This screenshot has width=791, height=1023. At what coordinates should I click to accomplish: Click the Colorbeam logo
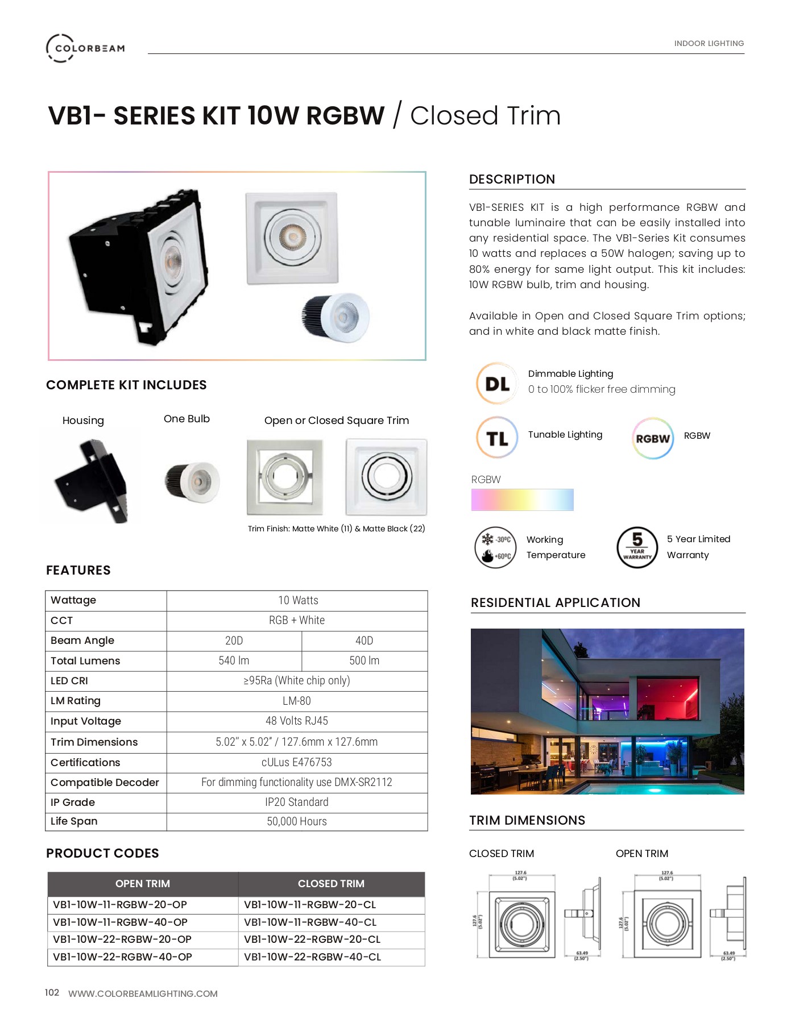(85, 48)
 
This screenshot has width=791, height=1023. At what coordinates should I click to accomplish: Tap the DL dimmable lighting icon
(497, 384)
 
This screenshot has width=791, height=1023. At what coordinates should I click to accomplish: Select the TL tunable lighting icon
(497, 438)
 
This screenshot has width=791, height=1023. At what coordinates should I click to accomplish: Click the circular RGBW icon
(653, 438)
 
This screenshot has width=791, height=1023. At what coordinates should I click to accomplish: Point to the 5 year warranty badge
(637, 547)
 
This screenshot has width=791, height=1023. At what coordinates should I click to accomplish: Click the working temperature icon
(495, 547)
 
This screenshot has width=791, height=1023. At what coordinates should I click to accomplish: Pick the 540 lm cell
(234, 660)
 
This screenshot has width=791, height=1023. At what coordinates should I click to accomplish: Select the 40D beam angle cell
(364, 641)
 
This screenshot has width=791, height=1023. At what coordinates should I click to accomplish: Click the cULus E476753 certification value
(296, 762)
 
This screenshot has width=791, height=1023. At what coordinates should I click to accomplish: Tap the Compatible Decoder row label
(105, 783)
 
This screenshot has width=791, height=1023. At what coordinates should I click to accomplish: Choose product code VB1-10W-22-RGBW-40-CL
(312, 957)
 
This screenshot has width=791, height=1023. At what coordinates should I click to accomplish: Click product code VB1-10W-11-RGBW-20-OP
(120, 905)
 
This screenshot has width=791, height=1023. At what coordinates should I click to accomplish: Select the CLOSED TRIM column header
(331, 884)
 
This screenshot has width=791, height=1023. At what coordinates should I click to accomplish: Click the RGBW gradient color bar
(522, 500)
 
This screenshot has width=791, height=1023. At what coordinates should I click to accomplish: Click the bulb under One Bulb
(193, 481)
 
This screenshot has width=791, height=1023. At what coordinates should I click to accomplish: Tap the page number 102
(52, 992)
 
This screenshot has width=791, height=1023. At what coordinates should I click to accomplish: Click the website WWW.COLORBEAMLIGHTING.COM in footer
(143, 993)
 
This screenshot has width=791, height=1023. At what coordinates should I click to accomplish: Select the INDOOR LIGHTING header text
(709, 43)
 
